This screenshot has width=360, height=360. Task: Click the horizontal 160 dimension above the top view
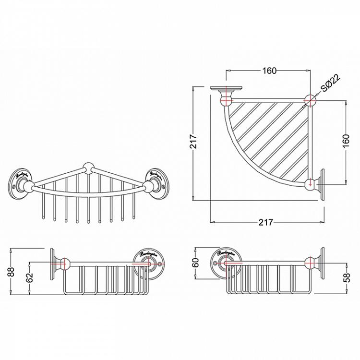click(269, 71)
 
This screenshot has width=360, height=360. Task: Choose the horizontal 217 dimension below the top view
click(265, 222)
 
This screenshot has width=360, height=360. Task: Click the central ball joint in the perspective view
click(88, 168)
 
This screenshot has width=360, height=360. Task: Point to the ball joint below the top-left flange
click(226, 101)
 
